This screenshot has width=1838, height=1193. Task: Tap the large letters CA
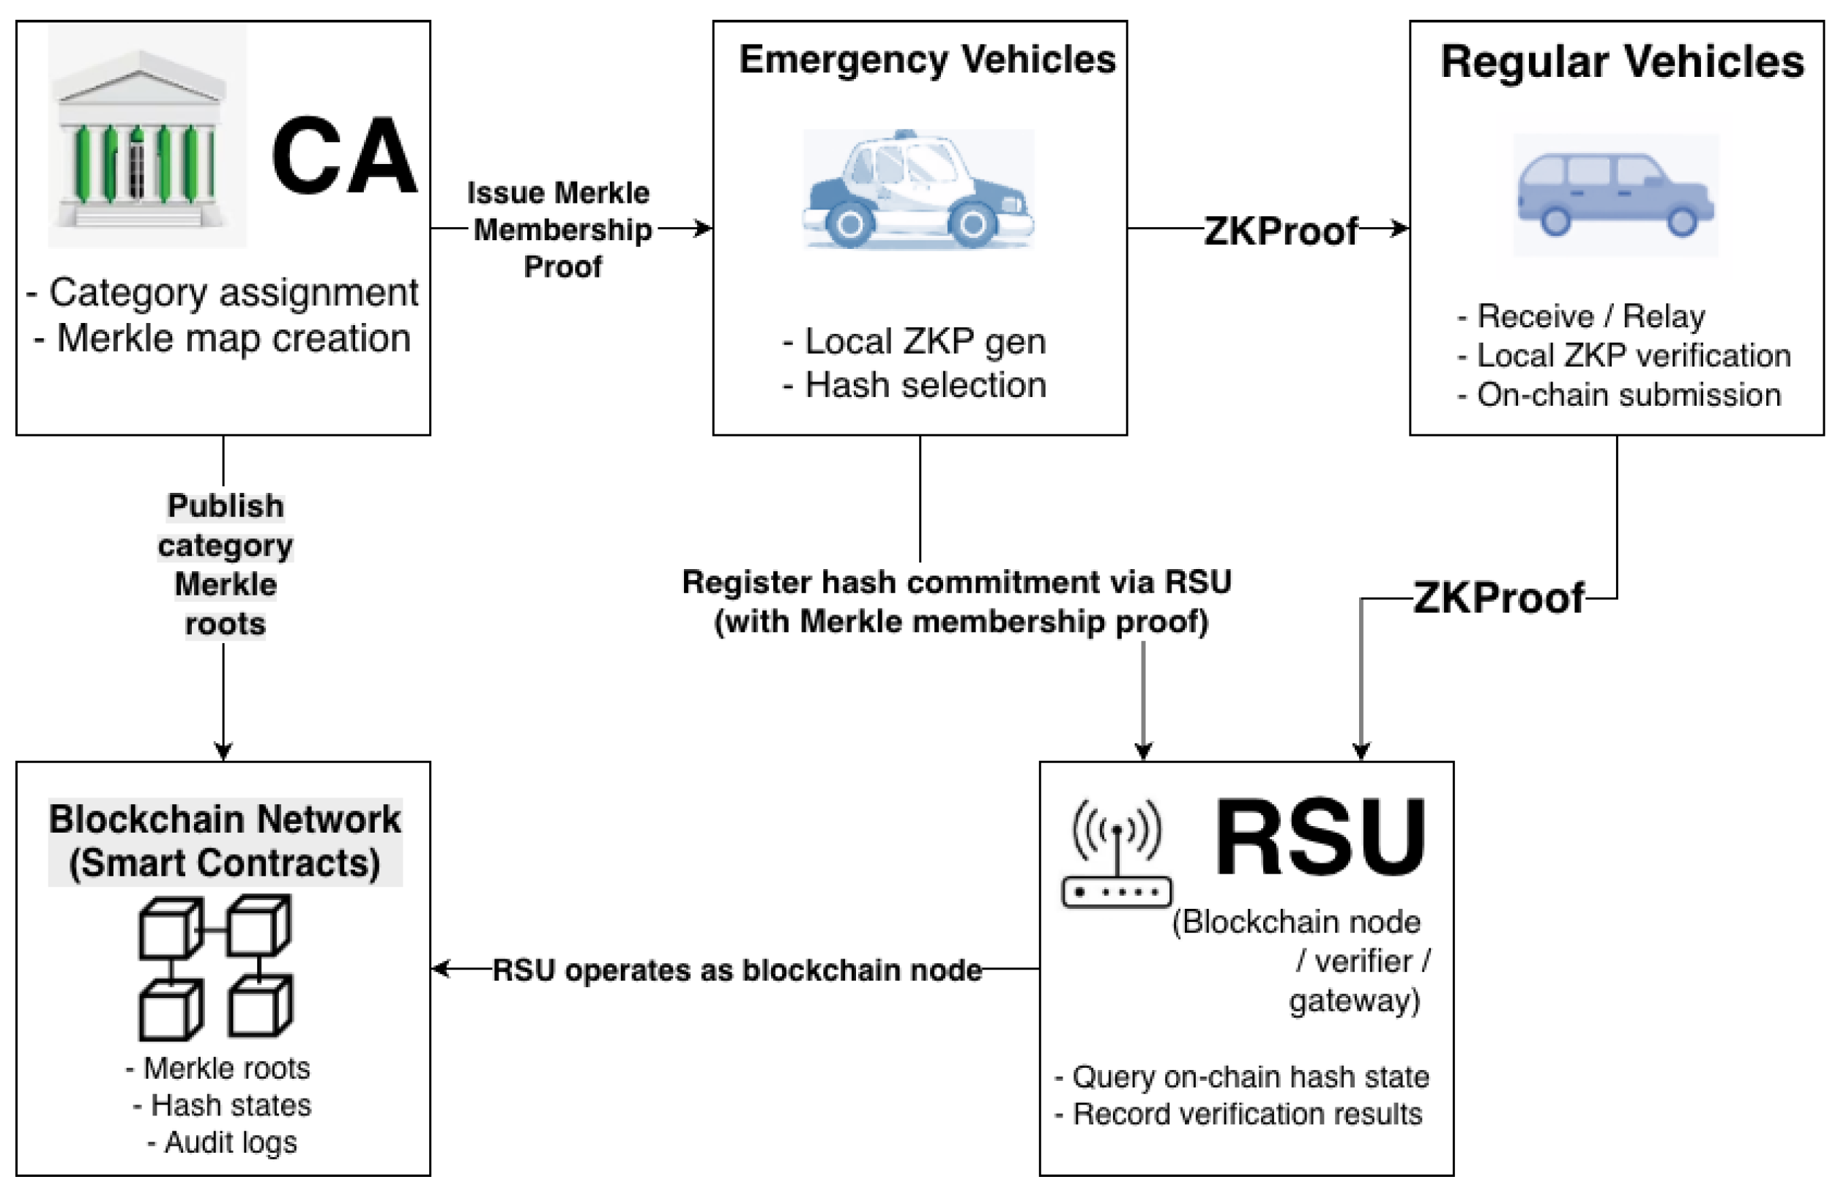pyautogui.click(x=343, y=156)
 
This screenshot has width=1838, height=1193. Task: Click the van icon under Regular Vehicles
pyautogui.click(x=1615, y=195)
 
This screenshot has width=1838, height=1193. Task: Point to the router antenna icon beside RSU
pyautogui.click(x=1117, y=853)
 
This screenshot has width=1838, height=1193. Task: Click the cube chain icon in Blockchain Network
pyautogui.click(x=215, y=967)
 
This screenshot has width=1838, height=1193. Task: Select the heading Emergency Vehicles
pyautogui.click(x=927, y=59)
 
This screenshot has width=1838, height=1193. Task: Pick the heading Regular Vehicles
pyautogui.click(x=1622, y=62)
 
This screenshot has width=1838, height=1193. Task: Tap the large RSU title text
pyautogui.click(x=1320, y=838)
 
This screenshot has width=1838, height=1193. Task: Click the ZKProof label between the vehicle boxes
pyautogui.click(x=1281, y=230)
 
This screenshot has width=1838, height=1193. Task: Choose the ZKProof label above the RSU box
pyautogui.click(x=1498, y=598)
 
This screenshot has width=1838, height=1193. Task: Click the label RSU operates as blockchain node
pyautogui.click(x=737, y=970)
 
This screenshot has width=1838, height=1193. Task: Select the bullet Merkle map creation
pyautogui.click(x=223, y=338)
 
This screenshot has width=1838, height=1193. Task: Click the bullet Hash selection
pyautogui.click(x=915, y=384)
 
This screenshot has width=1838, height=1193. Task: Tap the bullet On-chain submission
pyautogui.click(x=1620, y=395)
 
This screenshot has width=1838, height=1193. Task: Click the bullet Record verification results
pyautogui.click(x=1239, y=1114)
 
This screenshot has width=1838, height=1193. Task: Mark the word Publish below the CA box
pyautogui.click(x=226, y=506)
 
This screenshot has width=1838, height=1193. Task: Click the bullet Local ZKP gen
pyautogui.click(x=915, y=341)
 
